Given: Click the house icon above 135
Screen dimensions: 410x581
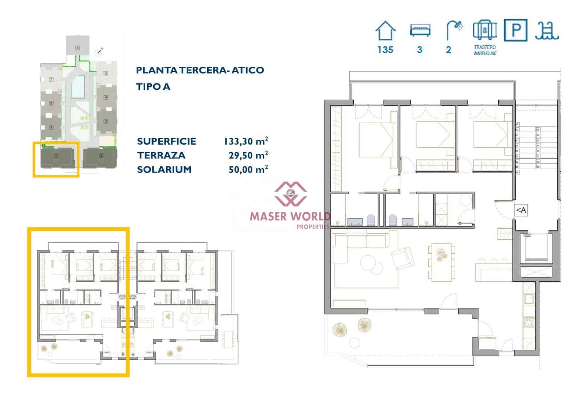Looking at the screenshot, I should pyautogui.click(x=385, y=30).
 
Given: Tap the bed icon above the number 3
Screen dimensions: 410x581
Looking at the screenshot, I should pyautogui.click(x=420, y=30).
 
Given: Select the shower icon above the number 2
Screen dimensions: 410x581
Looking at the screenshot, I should pyautogui.click(x=454, y=30).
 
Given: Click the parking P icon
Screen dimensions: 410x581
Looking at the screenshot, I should pyautogui.click(x=515, y=30).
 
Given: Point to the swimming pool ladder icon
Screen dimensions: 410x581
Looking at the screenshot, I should pyautogui.click(x=547, y=30).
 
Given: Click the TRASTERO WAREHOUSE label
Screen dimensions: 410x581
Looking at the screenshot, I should pyautogui.click(x=485, y=50).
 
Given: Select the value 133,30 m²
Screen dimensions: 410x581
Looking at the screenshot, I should pyautogui.click(x=246, y=141).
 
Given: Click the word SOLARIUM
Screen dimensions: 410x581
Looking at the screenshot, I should pyautogui.click(x=164, y=169).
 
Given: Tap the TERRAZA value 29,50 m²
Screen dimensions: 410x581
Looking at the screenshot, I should pyautogui.click(x=248, y=155).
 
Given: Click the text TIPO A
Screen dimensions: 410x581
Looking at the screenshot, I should pyautogui.click(x=153, y=87).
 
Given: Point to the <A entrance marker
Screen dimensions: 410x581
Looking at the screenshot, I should pyautogui.click(x=521, y=210).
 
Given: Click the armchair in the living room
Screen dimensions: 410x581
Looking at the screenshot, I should pyautogui.click(x=403, y=258).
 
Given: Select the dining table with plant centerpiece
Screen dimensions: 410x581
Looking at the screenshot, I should pyautogui.click(x=441, y=262).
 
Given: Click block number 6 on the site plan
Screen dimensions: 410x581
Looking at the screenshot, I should pyautogui.click(x=77, y=47).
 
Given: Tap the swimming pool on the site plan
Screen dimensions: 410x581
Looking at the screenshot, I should pyautogui.click(x=78, y=87).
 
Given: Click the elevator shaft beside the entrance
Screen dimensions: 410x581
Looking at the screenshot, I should pyautogui.click(x=534, y=248).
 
